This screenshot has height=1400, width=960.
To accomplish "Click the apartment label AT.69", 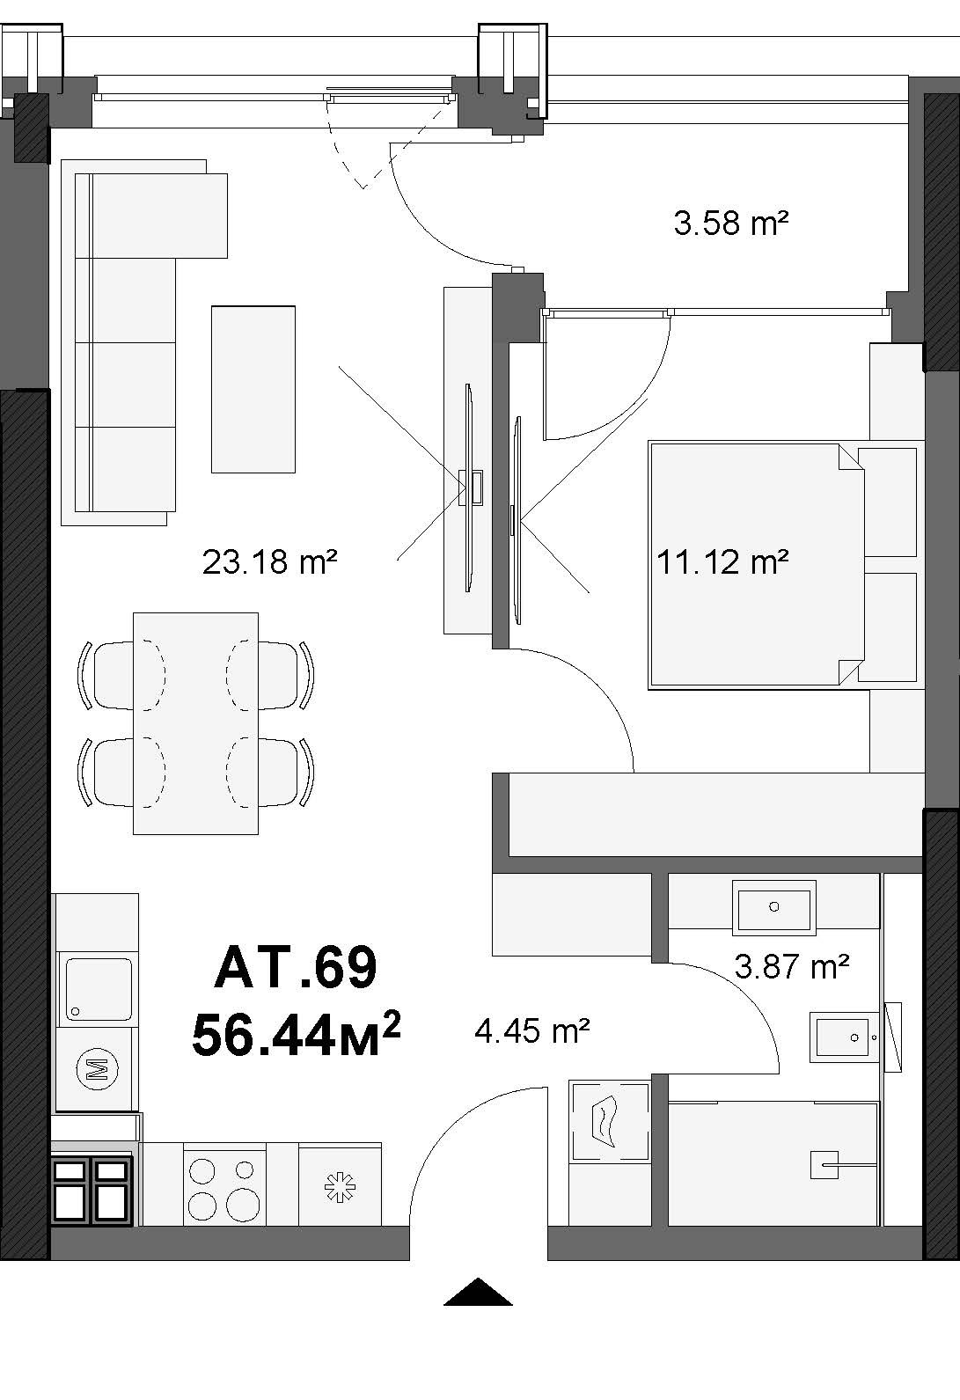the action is tap(296, 967).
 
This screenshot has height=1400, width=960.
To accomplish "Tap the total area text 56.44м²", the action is tap(296, 1034).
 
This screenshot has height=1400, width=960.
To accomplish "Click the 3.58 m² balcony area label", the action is tap(730, 223).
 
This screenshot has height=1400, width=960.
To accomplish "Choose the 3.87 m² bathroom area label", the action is tap(791, 966).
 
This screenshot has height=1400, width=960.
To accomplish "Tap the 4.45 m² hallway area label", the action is tap(531, 1030).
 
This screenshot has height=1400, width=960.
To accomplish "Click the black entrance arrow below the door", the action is tap(478, 1292).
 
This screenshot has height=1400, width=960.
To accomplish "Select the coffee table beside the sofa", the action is tap(253, 389).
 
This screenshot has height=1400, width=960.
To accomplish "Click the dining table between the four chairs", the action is tap(195, 723).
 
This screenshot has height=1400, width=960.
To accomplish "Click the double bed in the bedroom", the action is tap(756, 566).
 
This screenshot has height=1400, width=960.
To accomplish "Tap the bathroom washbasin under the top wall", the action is tap(773, 908).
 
